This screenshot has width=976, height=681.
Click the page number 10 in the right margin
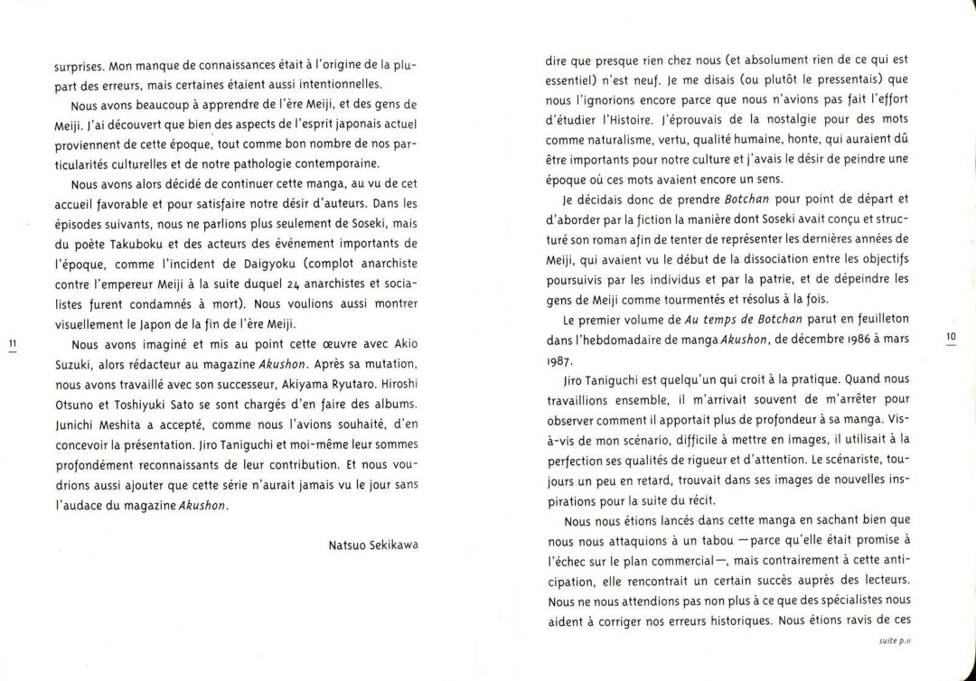(x=950, y=337)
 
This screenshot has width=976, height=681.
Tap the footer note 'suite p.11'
(x=894, y=640)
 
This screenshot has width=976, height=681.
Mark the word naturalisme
(x=619, y=140)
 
